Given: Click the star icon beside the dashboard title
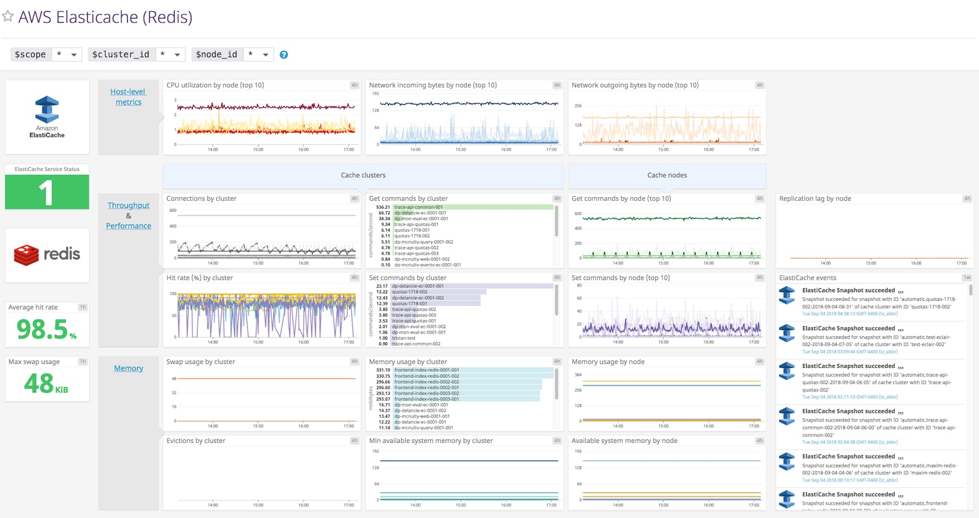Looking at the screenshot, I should coord(8,16).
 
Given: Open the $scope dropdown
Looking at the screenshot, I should coord(66,54).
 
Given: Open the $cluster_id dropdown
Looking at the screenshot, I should coord(170,54).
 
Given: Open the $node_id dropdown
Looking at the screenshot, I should coord(258,54).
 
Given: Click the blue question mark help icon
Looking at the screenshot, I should coord(284,55).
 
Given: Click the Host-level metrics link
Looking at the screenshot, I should coord(128,97).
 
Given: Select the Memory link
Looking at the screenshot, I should coord(128,368).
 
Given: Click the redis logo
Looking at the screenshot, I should coord(47,255).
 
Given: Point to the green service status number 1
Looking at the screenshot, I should coord(46,192).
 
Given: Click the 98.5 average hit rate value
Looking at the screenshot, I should coord(43,329).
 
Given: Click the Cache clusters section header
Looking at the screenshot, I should coord(363,176).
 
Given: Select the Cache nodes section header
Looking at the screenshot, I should coord(667,176).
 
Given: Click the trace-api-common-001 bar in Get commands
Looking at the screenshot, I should coord(472,207).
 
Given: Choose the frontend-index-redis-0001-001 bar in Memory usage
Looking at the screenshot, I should coord(472,370).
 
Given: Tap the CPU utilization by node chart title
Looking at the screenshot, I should coord(215,85).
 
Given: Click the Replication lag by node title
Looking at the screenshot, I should coord(815,199).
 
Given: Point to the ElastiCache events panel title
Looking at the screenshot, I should coord(807,278).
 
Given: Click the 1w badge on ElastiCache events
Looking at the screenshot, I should coord(966,278).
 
